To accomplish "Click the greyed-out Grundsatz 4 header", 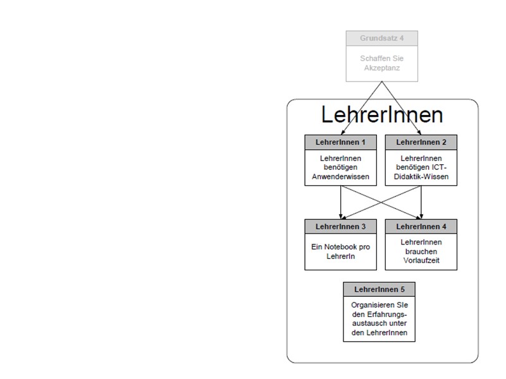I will pyautogui.click(x=381, y=39).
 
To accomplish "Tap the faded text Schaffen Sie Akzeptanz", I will pyautogui.click(x=381, y=63).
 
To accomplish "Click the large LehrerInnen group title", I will pyautogui.click(x=382, y=115).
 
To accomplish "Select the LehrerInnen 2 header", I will pyautogui.click(x=420, y=141).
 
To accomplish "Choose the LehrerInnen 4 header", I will pyautogui.click(x=420, y=226).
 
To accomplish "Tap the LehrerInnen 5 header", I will pyautogui.click(x=379, y=289).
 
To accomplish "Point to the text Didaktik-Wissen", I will pyautogui.click(x=420, y=176).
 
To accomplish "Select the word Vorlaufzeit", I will pyautogui.click(x=421, y=259).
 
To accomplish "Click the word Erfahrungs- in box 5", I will pyautogui.click(x=386, y=313).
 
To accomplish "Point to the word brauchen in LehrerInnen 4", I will pyautogui.click(x=421, y=251).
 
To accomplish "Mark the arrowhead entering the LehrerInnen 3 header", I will pyautogui.click(x=341, y=217).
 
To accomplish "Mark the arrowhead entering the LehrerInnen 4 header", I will pyautogui.click(x=421, y=217).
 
